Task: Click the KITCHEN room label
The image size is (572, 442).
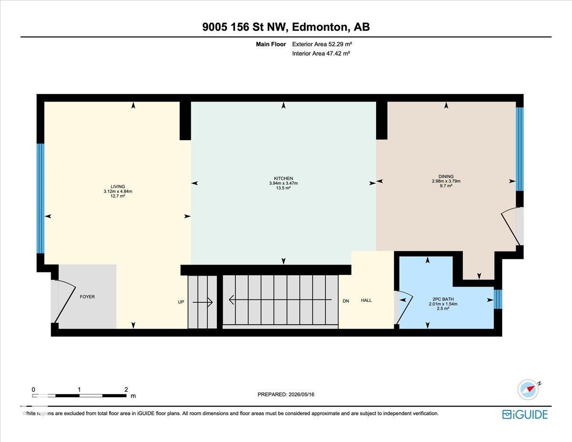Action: tap(283, 178)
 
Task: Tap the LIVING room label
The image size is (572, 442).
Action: tap(118, 186)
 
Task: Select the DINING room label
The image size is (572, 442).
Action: tap(446, 176)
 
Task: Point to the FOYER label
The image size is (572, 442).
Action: tap(87, 297)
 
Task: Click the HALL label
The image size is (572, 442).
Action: tap(366, 300)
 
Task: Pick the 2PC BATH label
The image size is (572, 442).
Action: tap(443, 299)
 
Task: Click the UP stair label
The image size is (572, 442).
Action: tap(181, 302)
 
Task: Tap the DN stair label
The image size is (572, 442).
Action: tap(346, 301)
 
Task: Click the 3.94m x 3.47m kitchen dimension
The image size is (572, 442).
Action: tap(283, 183)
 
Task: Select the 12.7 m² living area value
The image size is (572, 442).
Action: tap(118, 196)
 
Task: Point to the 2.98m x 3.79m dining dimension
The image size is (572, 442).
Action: tap(446, 181)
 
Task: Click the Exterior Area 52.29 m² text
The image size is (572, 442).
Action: tap(322, 44)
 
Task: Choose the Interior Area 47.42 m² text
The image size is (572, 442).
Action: tap(321, 53)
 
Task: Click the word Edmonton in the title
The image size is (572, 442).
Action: tap(319, 27)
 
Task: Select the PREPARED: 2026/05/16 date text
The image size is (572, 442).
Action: tap(286, 394)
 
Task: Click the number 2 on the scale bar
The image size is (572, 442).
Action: tap(126, 390)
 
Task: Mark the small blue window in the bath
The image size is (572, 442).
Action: tap(498, 299)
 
